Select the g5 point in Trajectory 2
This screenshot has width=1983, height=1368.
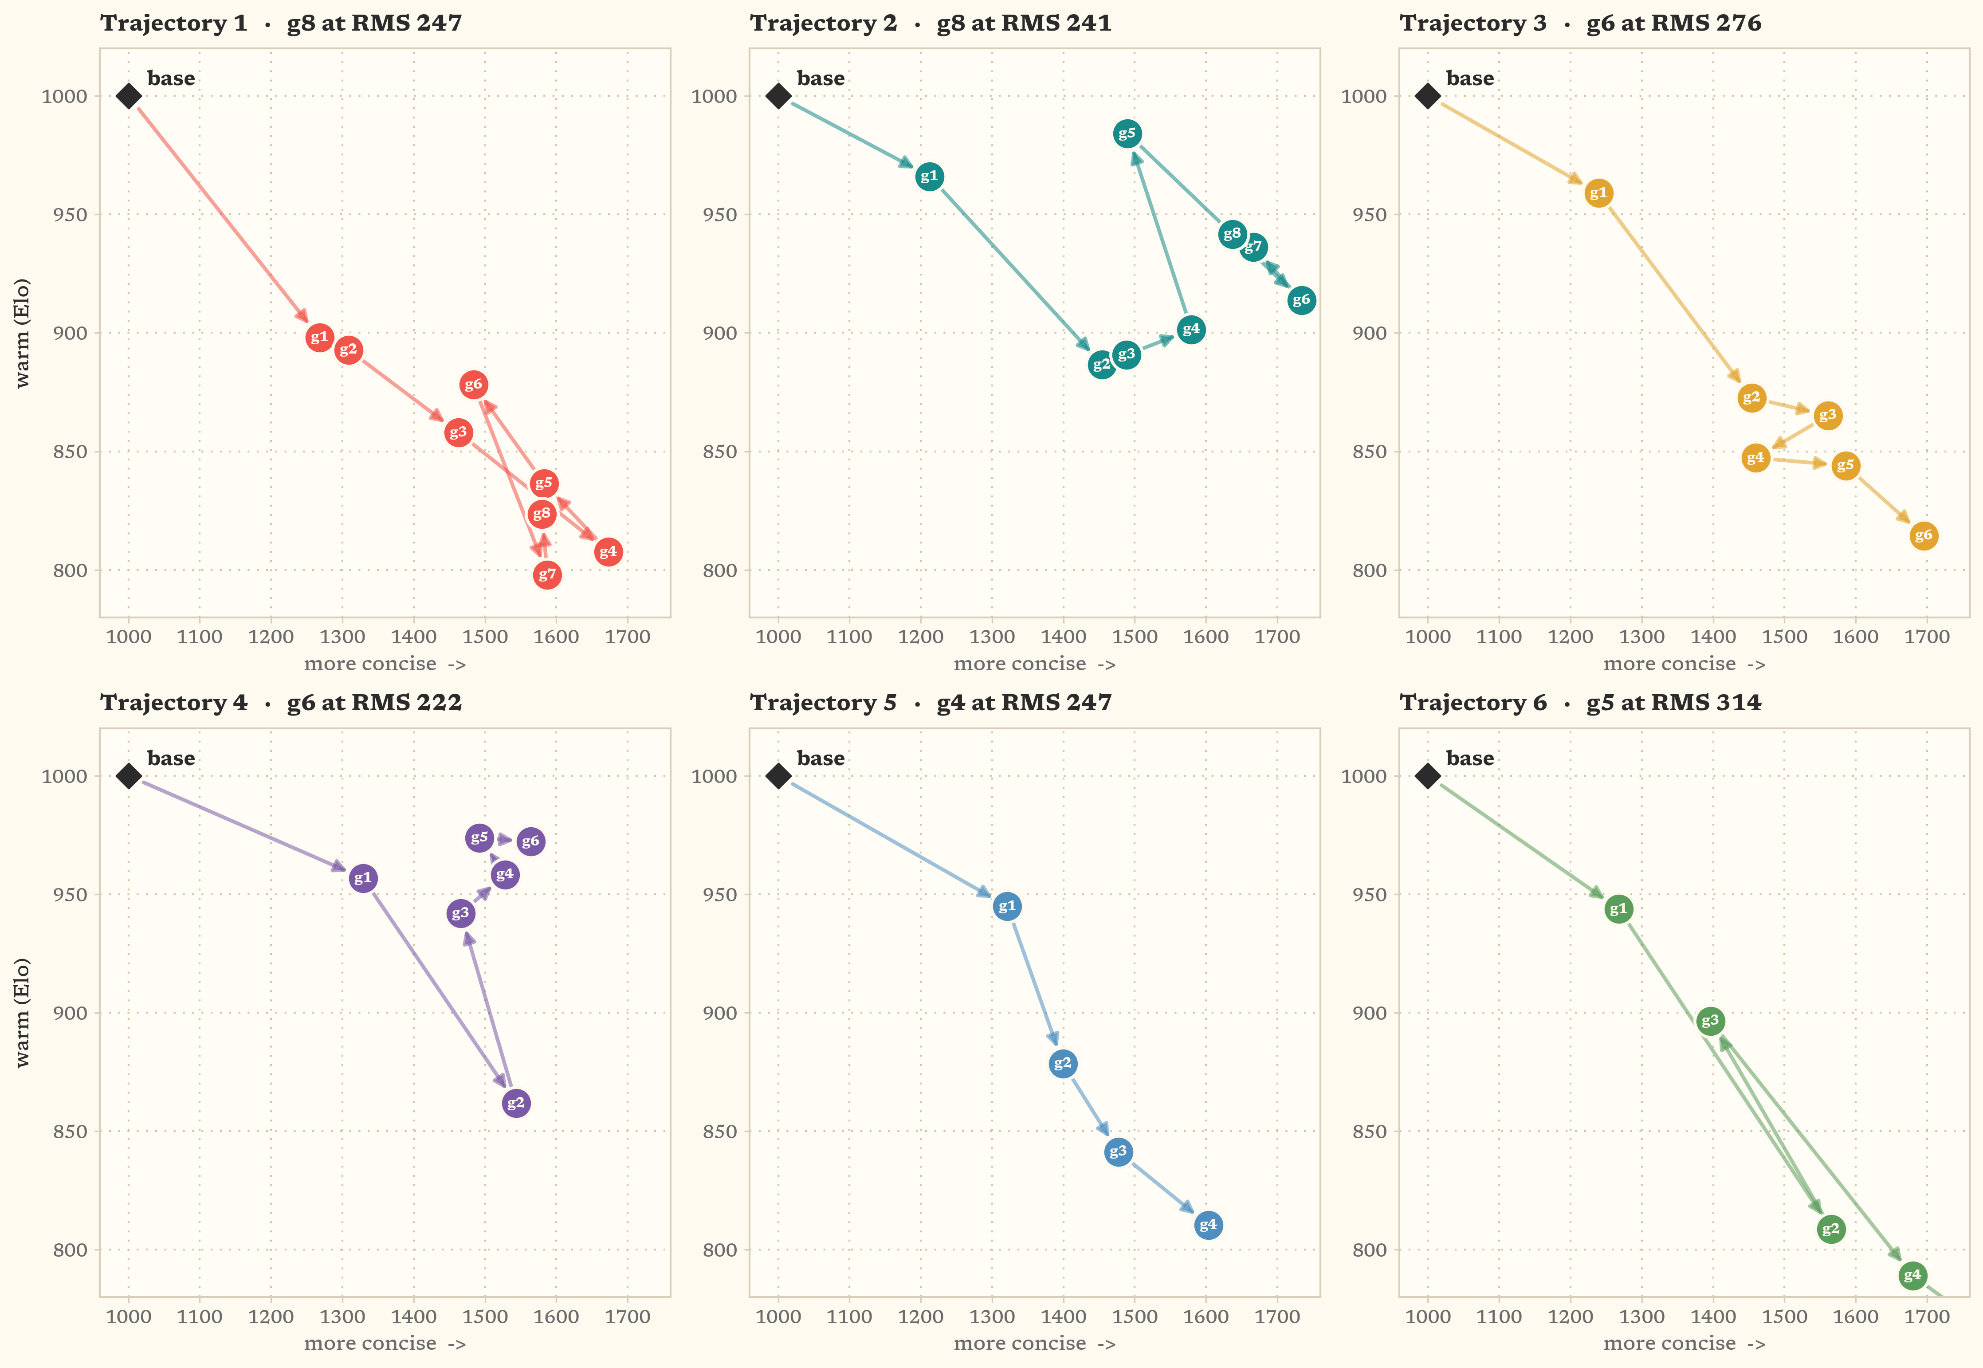(1127, 134)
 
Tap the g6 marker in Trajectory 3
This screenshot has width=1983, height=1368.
(1924, 536)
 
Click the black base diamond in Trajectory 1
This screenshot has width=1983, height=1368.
(129, 96)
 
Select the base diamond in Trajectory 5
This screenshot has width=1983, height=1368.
(778, 776)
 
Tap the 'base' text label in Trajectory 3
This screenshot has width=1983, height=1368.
(1470, 78)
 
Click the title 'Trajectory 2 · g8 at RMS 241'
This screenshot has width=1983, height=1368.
(931, 23)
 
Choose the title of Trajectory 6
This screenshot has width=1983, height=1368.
(1580, 703)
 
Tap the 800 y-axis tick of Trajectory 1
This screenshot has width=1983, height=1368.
(70, 570)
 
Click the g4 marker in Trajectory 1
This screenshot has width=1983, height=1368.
(608, 552)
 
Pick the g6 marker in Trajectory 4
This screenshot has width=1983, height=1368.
(530, 842)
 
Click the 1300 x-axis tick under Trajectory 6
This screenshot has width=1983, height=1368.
(1642, 1317)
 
